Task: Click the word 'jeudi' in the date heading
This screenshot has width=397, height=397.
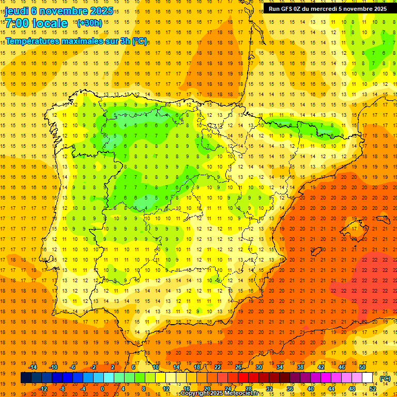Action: click(17, 11)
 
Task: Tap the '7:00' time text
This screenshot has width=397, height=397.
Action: click(17, 23)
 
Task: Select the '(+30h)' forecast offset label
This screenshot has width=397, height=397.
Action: click(89, 23)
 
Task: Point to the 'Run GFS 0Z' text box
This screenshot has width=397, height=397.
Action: click(327, 8)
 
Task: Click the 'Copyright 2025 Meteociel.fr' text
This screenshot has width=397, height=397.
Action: click(219, 393)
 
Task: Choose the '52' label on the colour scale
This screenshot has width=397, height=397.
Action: click(373, 389)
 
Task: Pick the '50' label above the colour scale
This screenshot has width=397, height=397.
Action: click(362, 367)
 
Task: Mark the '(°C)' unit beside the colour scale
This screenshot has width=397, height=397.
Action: click(385, 378)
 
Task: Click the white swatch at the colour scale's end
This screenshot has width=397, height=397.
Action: click(367, 378)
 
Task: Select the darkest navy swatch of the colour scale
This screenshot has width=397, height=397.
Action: click(26, 378)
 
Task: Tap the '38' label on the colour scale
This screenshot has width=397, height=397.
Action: click(300, 367)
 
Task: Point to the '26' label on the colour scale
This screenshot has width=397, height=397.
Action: click(238, 367)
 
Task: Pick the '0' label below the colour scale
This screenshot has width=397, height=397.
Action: click(102, 389)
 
